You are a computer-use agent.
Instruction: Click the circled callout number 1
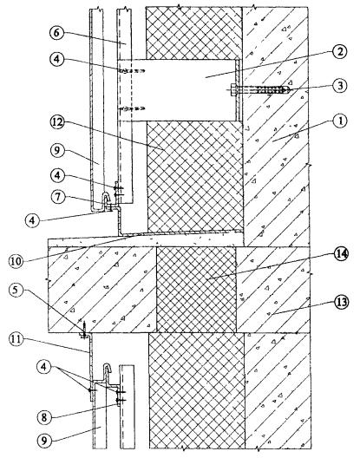(339, 121)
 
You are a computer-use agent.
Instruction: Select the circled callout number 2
(339, 52)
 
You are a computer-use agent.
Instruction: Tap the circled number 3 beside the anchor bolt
(339, 86)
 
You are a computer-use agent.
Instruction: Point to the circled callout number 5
(16, 292)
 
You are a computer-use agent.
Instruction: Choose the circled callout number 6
(56, 33)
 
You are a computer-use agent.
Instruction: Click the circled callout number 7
(58, 197)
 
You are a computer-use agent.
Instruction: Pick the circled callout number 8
(44, 417)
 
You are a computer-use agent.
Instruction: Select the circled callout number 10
(16, 260)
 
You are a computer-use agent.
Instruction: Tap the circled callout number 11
(17, 340)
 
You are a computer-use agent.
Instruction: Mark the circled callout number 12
(56, 122)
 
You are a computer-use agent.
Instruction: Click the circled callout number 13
(340, 303)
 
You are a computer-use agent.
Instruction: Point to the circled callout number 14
(341, 254)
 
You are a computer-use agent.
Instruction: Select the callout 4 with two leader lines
(44, 367)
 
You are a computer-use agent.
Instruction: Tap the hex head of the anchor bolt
(232, 88)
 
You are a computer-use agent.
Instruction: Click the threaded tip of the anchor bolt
(287, 88)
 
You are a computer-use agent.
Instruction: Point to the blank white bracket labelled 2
(176, 90)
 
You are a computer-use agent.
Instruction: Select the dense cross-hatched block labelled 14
(196, 290)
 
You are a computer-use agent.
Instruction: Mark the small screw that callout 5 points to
(84, 330)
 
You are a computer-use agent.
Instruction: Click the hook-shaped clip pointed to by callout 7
(106, 200)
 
